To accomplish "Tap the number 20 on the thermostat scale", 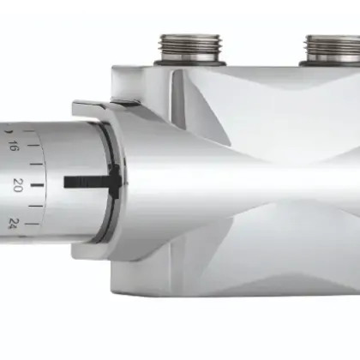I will pos(17,183).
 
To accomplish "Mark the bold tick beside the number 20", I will pos(36,183).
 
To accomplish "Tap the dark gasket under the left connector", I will pos(192,63).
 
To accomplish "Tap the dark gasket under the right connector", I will pos(333,63).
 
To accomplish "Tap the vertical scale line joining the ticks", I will pos(42,183).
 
